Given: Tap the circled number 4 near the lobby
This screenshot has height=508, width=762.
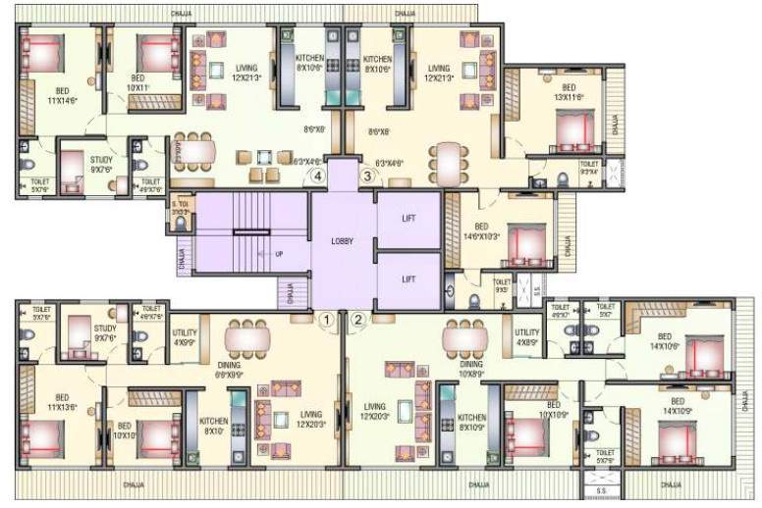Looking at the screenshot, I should (x=317, y=177).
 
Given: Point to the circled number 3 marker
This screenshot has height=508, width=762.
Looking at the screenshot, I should (x=367, y=177).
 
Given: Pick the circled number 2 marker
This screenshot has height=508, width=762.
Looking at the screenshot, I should (x=358, y=319).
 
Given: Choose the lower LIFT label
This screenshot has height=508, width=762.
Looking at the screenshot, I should (x=408, y=279).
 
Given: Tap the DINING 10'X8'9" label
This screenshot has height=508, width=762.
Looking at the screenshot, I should (x=471, y=368).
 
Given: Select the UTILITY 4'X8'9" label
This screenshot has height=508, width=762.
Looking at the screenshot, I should (x=527, y=337).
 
